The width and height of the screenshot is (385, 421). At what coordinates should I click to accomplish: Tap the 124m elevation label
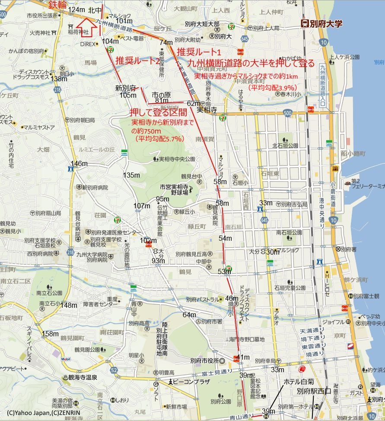[76, 10]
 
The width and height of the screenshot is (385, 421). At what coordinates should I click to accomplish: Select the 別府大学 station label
[322, 24]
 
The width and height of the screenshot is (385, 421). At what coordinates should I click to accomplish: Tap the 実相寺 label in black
[207, 110]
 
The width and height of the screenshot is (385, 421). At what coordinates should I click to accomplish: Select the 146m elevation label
[79, 163]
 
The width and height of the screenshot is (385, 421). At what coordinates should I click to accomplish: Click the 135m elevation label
[131, 175]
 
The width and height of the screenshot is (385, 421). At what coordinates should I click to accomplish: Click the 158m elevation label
[50, 334]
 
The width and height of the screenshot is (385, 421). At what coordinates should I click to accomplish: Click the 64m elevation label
[189, 315]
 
